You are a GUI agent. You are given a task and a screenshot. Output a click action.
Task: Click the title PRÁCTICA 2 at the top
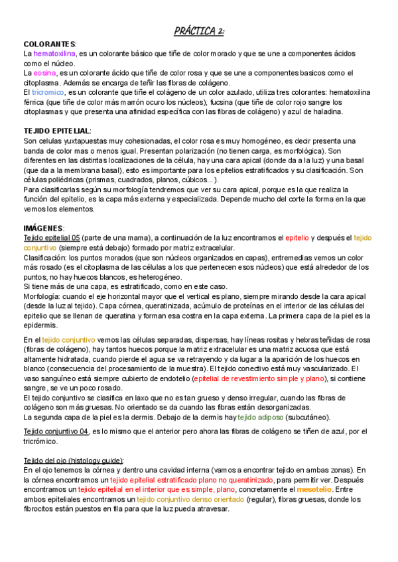(x=199, y=31)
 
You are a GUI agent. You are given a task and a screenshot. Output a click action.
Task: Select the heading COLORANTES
(x=49, y=44)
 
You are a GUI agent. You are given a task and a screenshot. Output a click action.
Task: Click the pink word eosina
(x=45, y=73)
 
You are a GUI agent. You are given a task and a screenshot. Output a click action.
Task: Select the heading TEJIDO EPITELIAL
(x=56, y=132)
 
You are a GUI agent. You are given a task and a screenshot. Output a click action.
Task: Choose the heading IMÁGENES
(x=43, y=229)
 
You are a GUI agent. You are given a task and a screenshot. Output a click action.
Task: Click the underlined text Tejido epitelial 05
(x=52, y=238)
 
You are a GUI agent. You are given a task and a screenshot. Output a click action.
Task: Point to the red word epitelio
(x=297, y=238)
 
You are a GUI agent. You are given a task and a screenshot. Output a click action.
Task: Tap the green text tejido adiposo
(x=261, y=418)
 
